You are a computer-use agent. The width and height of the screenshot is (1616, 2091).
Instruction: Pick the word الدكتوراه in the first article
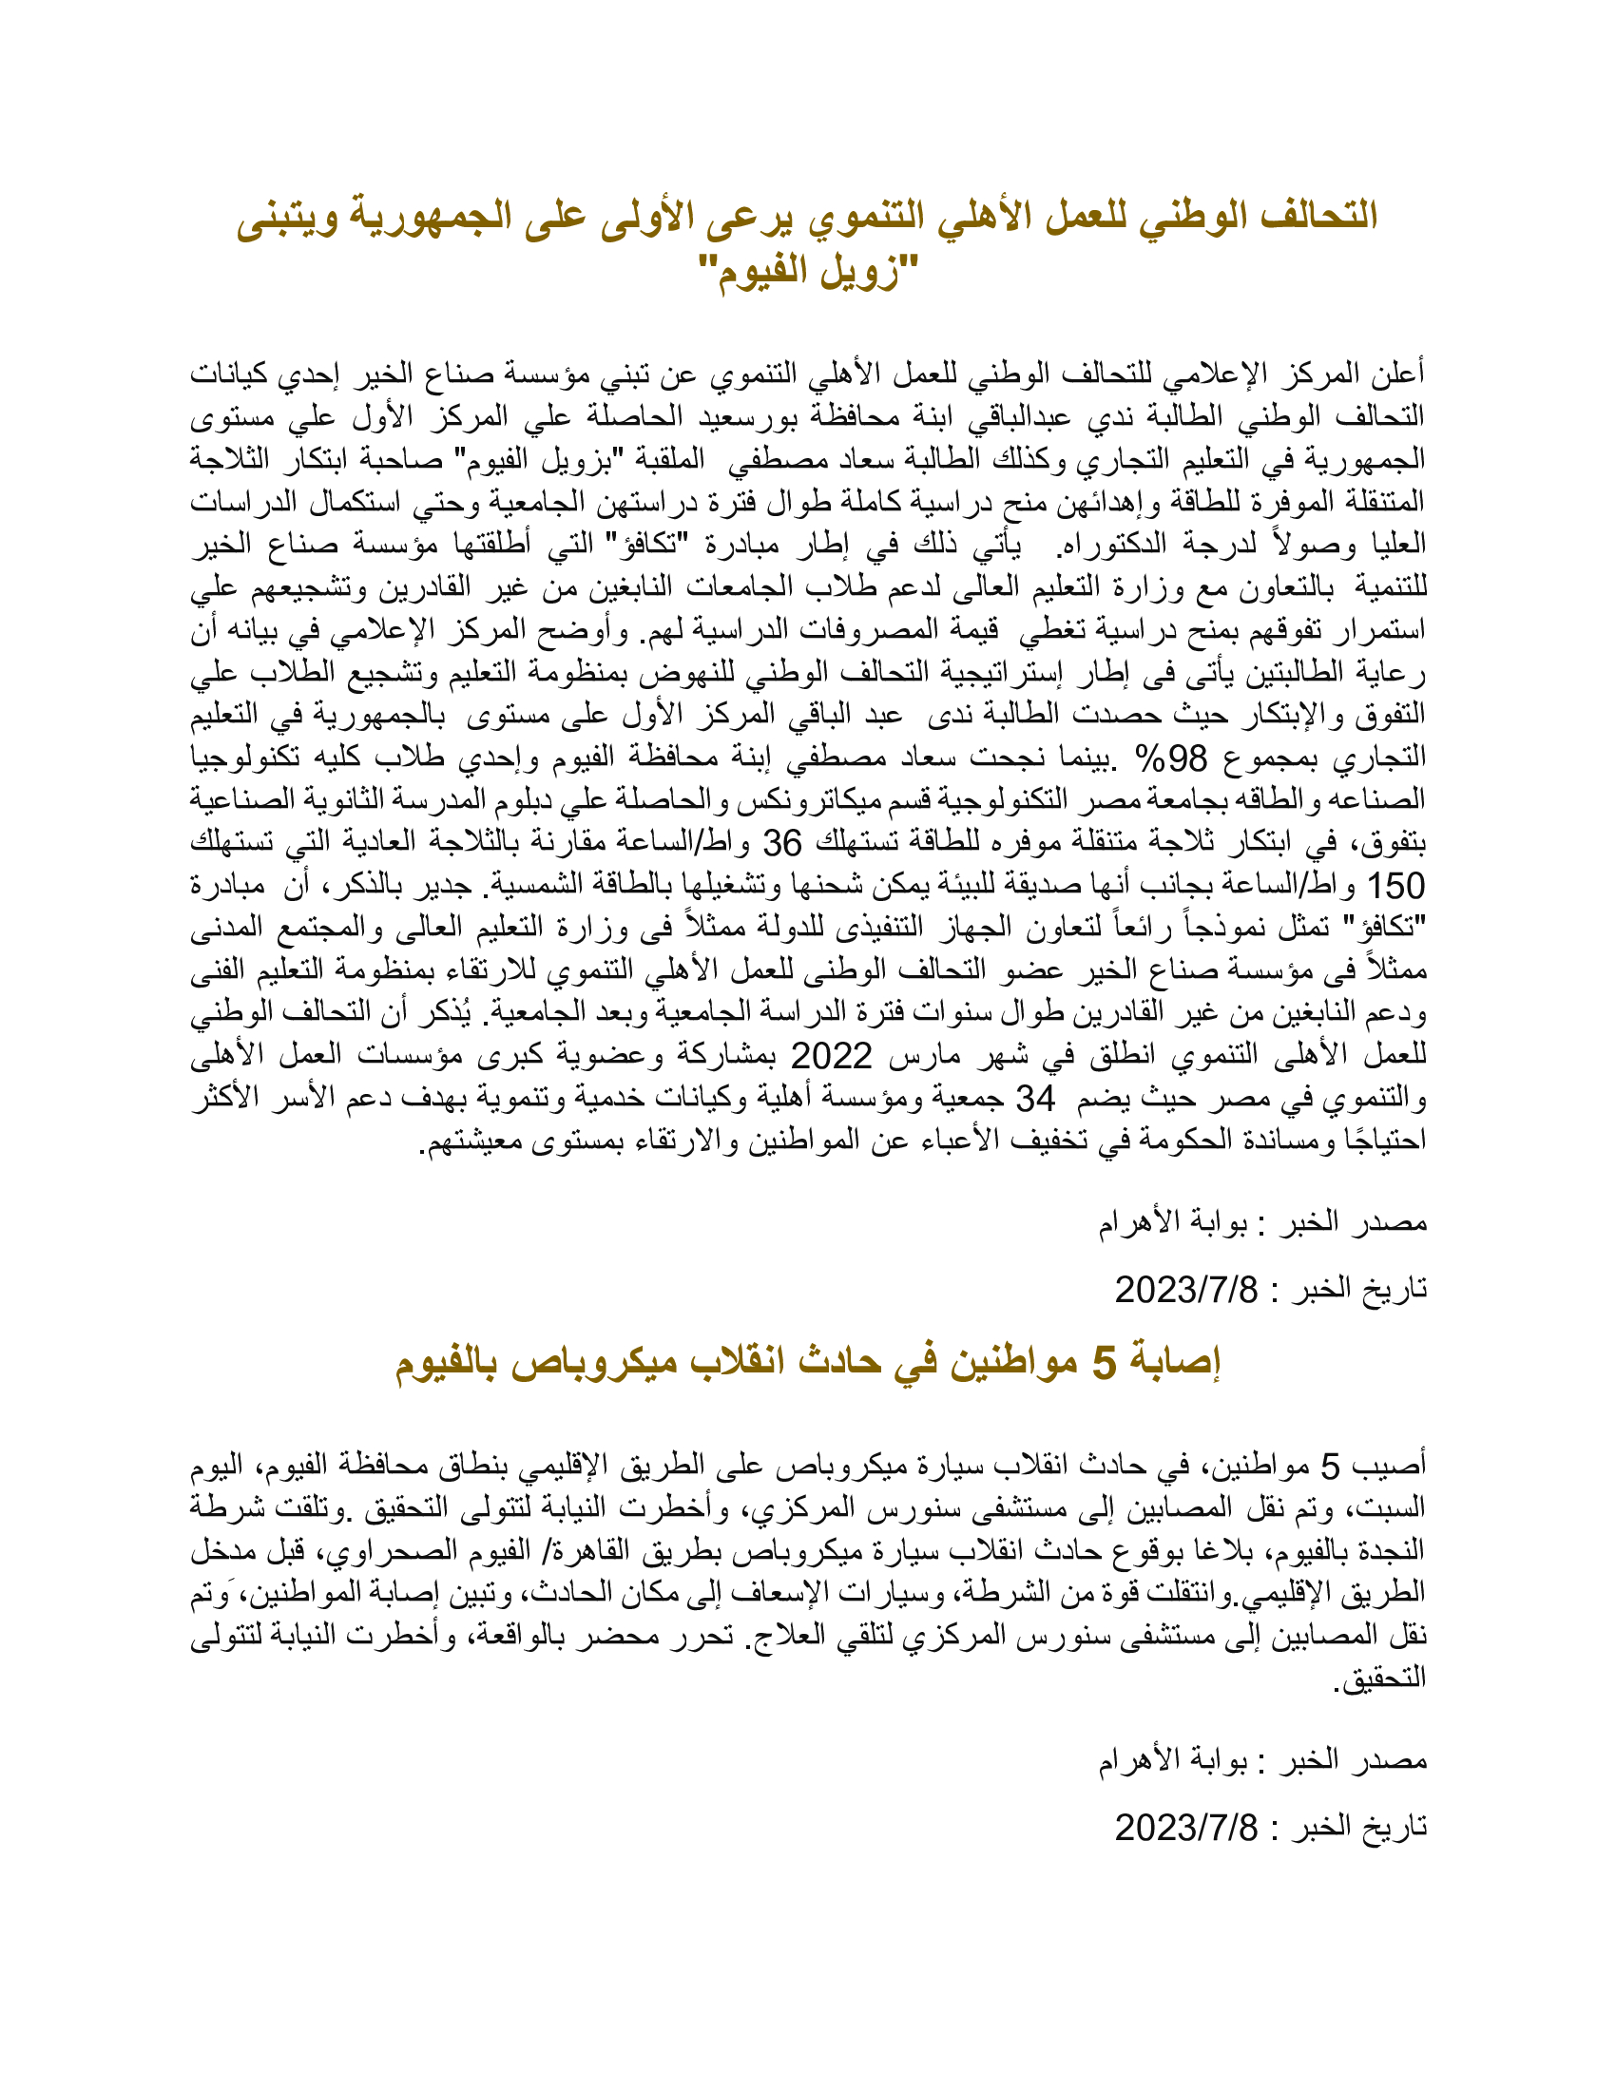click(1106, 544)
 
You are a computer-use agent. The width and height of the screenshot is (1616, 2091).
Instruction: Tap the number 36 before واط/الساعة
click(781, 843)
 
